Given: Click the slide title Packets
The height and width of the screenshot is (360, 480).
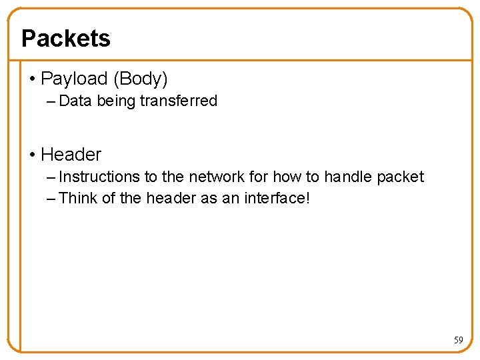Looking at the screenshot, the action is (x=66, y=38).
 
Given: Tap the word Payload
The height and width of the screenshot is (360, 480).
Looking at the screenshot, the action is (x=75, y=79).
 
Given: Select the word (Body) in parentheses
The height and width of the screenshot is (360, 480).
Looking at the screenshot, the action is (x=140, y=79).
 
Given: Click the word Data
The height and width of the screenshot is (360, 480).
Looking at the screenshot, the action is (x=75, y=101).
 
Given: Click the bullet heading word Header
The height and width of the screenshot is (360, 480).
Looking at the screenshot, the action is (x=71, y=155).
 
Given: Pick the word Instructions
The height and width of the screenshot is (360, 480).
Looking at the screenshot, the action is (x=100, y=177).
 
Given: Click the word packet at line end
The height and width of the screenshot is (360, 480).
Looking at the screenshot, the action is (x=400, y=177).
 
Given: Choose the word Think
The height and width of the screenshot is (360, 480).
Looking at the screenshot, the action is (x=78, y=198).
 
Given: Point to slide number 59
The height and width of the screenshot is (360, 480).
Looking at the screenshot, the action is (x=458, y=341).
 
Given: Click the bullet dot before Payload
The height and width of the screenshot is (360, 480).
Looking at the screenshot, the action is (x=33, y=79).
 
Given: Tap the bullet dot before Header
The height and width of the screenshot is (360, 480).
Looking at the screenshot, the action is (x=33, y=155).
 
